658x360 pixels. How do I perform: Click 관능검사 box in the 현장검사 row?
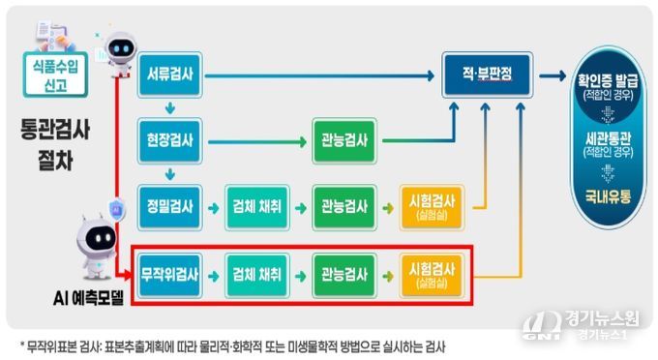pyautogui.click(x=344, y=140)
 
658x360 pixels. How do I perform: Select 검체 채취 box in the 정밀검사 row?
pyautogui.click(x=257, y=205)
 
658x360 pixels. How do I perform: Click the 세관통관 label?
pyautogui.click(x=606, y=142)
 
